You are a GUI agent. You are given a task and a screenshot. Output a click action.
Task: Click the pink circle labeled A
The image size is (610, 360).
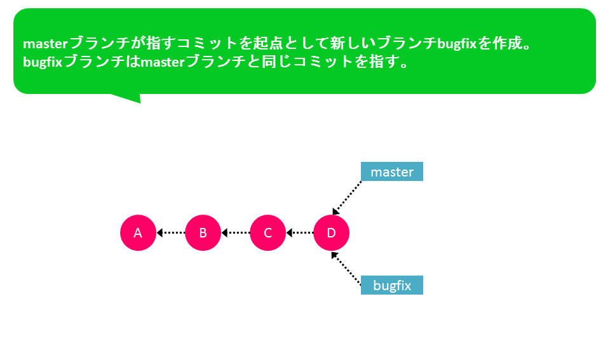[138, 233]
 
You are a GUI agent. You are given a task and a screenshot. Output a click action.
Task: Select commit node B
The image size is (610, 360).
[203, 233]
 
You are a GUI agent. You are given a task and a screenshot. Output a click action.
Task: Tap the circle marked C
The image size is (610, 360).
[268, 233]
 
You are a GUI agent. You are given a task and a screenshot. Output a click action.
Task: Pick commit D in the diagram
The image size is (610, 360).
[331, 233]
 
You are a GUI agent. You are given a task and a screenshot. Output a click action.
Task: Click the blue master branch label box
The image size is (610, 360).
[392, 171]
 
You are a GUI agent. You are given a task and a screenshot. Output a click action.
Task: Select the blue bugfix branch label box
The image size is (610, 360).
[392, 285]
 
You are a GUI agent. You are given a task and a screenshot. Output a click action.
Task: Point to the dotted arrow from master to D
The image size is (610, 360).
[347, 198]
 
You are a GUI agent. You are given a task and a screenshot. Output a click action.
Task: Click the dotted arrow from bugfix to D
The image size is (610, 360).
[346, 269]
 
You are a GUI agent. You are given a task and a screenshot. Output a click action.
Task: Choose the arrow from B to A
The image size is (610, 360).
[171, 233]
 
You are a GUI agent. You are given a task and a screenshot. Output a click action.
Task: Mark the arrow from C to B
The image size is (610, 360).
[236, 233]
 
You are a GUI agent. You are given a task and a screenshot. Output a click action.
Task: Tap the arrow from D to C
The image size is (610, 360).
[300, 233]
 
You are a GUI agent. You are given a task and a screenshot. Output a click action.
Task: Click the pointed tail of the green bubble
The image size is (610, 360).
[139, 103]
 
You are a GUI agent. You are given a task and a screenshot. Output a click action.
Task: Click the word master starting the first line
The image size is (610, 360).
[46, 44]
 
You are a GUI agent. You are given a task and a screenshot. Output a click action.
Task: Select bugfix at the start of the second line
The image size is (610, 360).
[43, 62]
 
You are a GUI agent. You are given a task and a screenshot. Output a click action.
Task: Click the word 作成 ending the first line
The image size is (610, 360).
[507, 43]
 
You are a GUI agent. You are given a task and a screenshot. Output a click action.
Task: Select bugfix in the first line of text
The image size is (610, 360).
[457, 44]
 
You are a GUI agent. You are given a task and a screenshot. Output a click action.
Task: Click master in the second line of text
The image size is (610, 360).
[163, 62]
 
